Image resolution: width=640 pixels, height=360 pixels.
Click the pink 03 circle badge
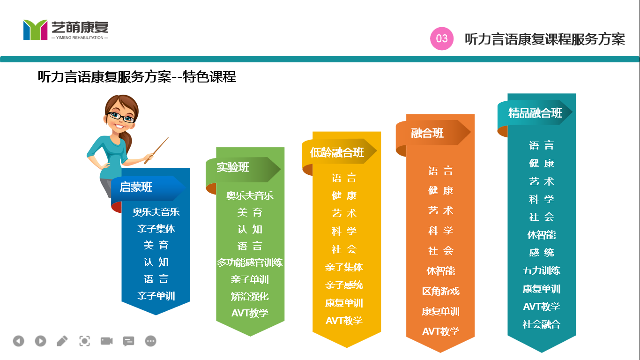tap(442, 38)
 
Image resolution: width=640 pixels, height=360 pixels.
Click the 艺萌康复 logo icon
tap(35, 30)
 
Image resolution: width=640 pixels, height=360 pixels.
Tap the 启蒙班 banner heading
tap(136, 187)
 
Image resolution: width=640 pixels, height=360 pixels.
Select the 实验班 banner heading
tap(233, 167)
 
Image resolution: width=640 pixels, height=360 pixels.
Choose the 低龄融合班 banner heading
tap(337, 152)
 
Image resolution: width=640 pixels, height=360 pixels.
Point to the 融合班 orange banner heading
tap(427, 133)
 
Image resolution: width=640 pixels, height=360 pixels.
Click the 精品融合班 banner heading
tap(535, 113)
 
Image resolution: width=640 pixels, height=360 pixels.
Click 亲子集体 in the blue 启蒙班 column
tap(156, 228)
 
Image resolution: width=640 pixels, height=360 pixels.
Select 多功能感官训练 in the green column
tap(250, 262)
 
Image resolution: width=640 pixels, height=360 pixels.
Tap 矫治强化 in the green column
tap(250, 296)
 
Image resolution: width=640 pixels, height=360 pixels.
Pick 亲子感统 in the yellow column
tap(344, 285)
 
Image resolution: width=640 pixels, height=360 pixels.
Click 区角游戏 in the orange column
tap(440, 291)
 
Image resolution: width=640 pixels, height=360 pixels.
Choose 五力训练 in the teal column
tap(542, 270)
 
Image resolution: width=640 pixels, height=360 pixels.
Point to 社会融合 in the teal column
tap(542, 324)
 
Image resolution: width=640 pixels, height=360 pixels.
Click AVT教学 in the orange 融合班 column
tap(440, 331)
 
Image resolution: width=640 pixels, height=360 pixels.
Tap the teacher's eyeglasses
tap(121, 117)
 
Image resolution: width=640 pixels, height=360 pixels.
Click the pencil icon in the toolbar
tap(62, 341)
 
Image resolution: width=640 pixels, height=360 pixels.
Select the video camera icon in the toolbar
tap(106, 341)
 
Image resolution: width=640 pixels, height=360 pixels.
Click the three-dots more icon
tap(150, 341)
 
